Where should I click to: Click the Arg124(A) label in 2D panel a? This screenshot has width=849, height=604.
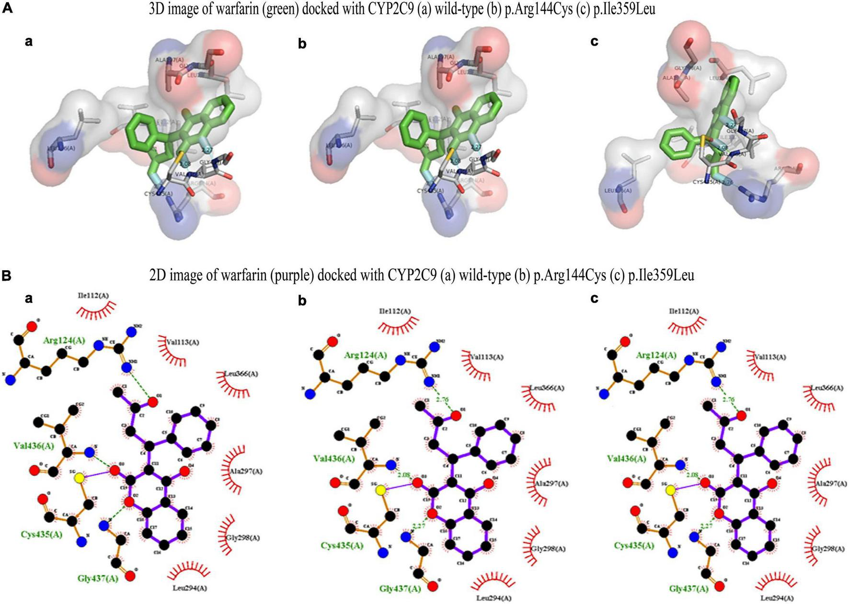[x=64, y=341]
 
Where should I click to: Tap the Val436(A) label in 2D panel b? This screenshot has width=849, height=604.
[x=334, y=458]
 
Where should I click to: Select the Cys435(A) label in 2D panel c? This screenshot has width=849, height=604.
[x=634, y=546]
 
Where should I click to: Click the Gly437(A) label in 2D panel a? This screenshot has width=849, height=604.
[x=98, y=578]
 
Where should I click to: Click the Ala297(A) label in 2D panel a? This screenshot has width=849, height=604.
[x=246, y=471]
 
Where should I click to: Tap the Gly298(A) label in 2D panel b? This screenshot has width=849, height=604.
[x=549, y=549]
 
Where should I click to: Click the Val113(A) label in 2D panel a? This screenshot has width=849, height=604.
[x=183, y=342]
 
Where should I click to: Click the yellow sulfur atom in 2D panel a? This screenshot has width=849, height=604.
[x=80, y=478]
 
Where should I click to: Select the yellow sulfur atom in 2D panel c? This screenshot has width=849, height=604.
[x=670, y=490]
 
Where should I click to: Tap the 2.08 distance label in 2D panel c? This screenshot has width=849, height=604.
[x=692, y=475]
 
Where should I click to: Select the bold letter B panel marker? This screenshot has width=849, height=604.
[x=7, y=275]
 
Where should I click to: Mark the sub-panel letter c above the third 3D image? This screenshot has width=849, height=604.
[x=594, y=42]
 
